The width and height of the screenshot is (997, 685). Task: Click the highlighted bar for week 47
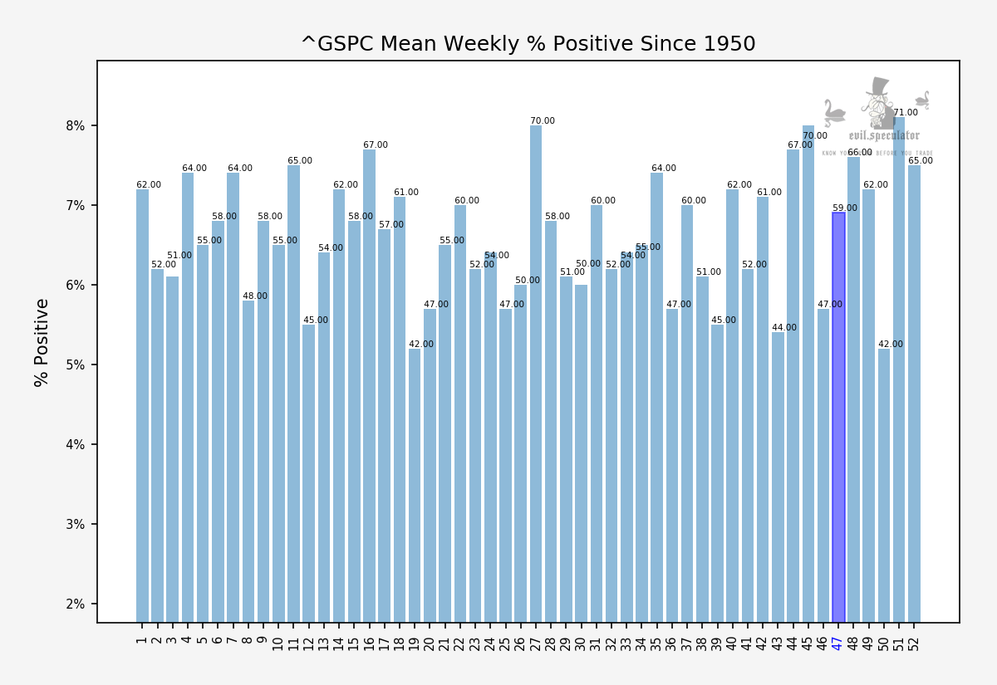pos(838,415)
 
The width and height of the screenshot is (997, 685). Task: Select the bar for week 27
pos(536,374)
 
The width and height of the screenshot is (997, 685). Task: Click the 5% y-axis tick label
pos(76,365)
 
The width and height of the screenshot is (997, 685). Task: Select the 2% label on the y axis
pos(76,604)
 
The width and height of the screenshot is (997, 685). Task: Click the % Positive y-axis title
pos(42,342)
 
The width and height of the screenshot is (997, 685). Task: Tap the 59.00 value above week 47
pos(845,208)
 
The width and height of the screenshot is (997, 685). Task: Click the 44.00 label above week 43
pos(784,328)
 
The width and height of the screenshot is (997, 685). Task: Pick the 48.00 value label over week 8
pos(255,296)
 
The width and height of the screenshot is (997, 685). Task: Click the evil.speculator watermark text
pos(884,135)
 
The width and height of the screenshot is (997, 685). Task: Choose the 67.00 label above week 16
pos(376,145)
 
